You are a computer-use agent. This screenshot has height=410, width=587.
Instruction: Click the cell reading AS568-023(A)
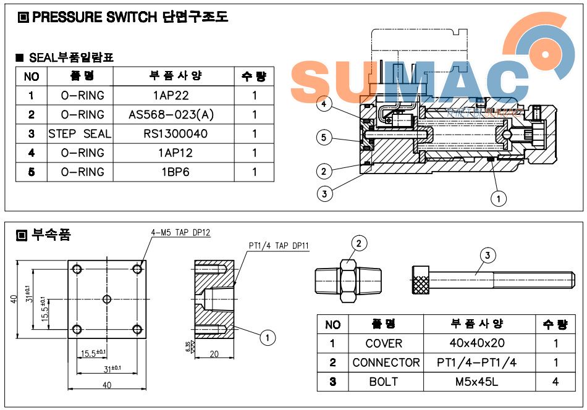(171, 115)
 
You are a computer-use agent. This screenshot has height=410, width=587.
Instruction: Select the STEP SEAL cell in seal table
(80, 134)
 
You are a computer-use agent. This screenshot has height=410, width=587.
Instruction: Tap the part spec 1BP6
(171, 172)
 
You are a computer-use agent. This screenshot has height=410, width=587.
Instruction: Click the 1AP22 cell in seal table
(171, 96)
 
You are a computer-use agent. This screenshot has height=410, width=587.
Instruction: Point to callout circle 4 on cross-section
(324, 105)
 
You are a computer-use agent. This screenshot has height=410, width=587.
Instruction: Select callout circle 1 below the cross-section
(498, 198)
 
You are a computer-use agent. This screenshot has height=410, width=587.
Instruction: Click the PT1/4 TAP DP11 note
(279, 246)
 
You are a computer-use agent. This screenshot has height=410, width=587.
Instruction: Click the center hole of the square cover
(107, 299)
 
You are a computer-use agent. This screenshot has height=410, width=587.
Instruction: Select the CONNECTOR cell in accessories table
(386, 362)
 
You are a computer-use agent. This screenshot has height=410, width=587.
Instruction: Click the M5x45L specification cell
(480, 382)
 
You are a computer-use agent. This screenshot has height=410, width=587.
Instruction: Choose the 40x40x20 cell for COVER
(480, 343)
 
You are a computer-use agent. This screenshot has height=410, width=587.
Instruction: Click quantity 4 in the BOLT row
(555, 382)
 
